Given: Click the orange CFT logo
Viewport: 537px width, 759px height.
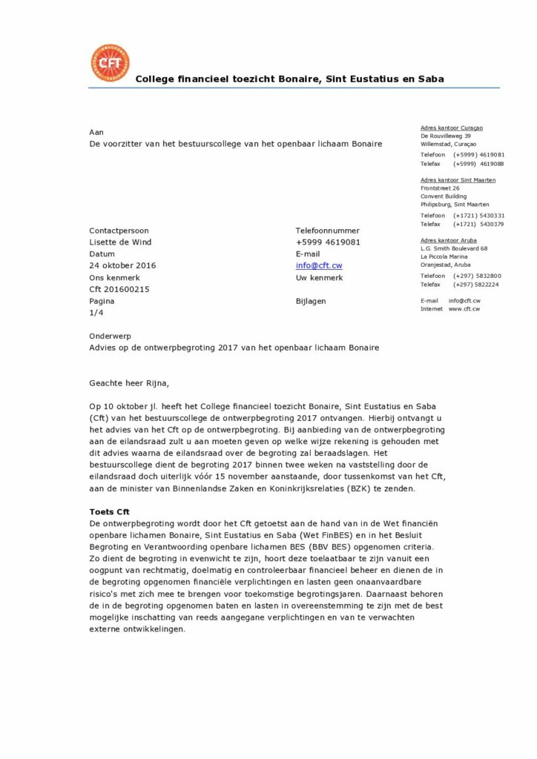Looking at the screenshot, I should (109, 63).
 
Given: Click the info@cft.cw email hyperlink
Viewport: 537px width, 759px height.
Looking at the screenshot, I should (319, 265).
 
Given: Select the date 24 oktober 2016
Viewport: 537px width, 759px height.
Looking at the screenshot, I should (122, 265).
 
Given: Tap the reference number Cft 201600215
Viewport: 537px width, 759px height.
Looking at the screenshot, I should (119, 289).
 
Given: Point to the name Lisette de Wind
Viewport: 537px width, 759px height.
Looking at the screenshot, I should (120, 242).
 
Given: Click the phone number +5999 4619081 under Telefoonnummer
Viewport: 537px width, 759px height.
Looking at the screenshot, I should (328, 242).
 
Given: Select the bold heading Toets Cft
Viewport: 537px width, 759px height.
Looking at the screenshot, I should (109, 511).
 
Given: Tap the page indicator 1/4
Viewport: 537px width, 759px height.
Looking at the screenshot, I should (96, 313).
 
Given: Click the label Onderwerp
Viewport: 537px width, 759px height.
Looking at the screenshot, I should (110, 336).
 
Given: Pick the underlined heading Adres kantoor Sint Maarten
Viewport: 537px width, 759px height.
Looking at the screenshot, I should (458, 180).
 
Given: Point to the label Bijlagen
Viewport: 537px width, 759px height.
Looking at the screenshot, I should (311, 301).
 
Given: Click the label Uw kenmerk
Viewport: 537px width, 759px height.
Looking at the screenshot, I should (319, 277).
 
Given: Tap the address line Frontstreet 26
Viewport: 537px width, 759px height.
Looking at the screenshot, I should (440, 188).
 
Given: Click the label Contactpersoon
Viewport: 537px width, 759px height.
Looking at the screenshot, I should (119, 231).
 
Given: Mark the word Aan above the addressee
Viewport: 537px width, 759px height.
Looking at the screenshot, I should (96, 131).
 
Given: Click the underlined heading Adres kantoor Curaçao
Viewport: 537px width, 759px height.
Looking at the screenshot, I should (451, 127).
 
